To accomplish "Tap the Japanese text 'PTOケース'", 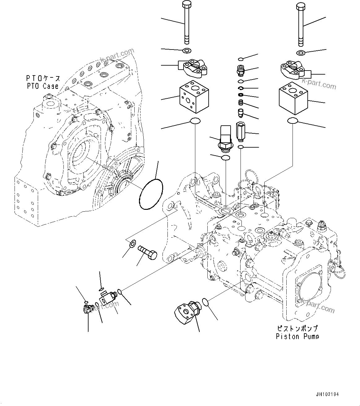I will (43, 78).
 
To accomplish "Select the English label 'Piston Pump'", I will (297, 336).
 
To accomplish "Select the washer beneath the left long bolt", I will (187, 50).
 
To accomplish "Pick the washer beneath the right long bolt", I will (301, 53).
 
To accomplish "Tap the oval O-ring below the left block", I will (195, 122).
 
